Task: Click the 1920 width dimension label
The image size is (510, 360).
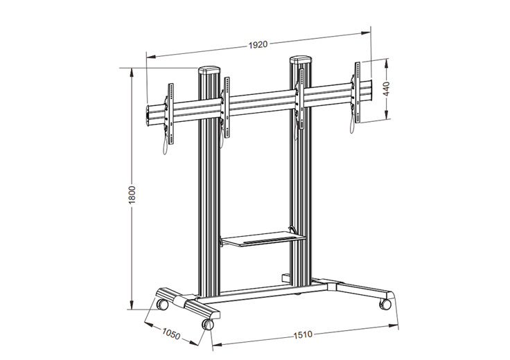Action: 257,44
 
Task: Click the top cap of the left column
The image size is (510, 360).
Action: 209,70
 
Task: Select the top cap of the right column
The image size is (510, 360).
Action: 301,60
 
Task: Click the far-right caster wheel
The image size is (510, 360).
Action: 383,303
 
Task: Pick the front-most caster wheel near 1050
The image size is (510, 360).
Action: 207,323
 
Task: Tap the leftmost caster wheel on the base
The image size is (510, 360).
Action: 161,303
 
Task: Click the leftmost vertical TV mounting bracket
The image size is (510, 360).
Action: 168,111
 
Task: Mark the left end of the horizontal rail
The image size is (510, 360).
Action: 149,117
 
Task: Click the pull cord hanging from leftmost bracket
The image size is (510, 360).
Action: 165,145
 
